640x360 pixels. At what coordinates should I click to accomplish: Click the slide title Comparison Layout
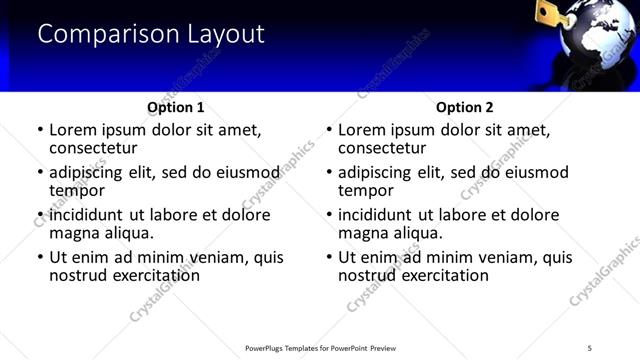click(x=151, y=34)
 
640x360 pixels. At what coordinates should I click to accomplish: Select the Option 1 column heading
click(x=176, y=107)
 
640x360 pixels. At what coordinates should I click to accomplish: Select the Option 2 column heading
click(x=465, y=107)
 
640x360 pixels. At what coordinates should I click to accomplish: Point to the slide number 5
click(x=589, y=347)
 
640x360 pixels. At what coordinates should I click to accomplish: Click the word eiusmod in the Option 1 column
click(x=248, y=172)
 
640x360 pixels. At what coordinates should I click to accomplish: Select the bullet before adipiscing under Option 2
click(x=329, y=173)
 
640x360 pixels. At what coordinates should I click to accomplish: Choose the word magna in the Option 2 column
click(x=364, y=233)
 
